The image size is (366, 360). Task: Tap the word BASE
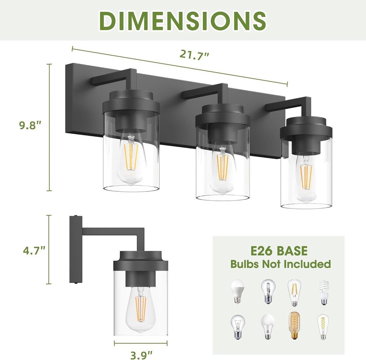click(291, 251)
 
